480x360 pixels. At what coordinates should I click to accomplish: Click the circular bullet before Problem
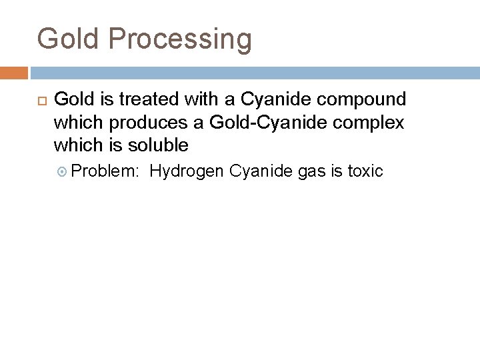coord(63,171)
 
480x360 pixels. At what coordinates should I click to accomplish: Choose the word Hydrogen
coord(187,171)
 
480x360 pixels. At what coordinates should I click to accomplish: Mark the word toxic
coord(365,171)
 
